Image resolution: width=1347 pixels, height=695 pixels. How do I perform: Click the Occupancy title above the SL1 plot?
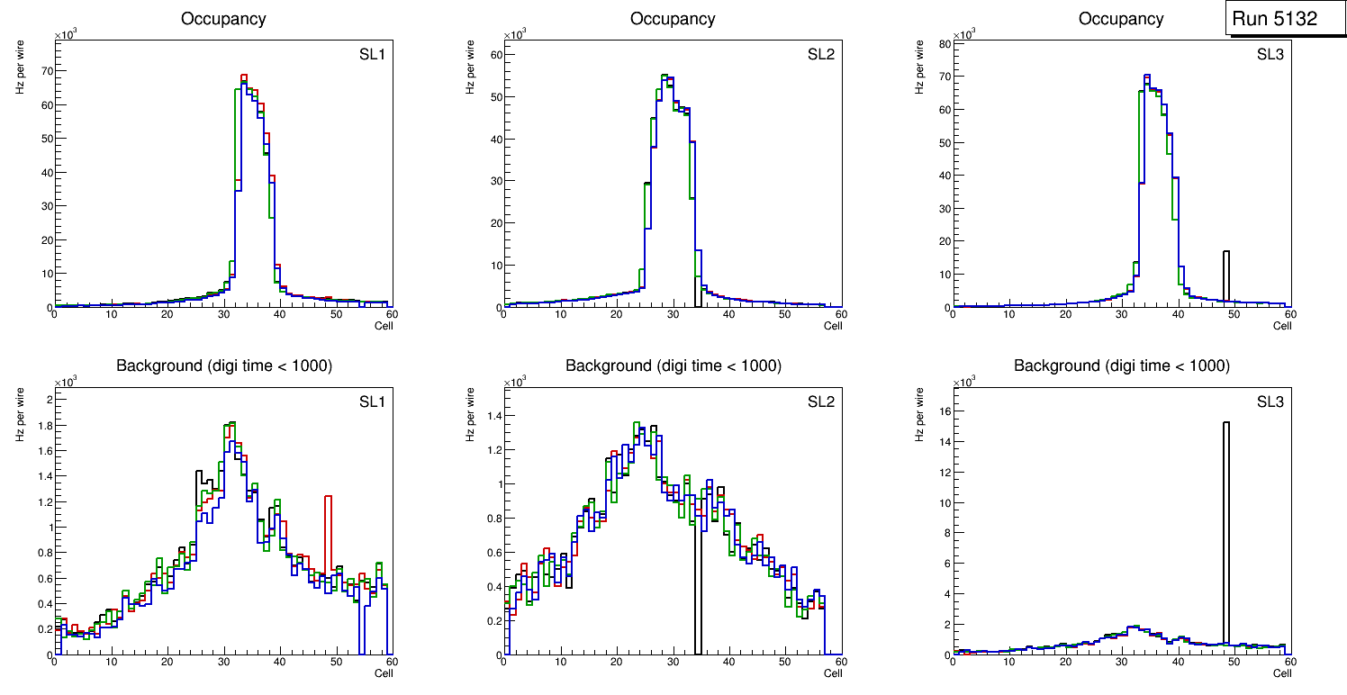pyautogui.click(x=223, y=18)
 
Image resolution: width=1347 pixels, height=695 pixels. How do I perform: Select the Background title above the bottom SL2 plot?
pyautogui.click(x=673, y=366)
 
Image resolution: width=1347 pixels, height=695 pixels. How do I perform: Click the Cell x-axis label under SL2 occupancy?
pyautogui.click(x=833, y=325)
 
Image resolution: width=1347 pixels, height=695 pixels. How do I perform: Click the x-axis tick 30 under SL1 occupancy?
pyautogui.click(x=223, y=314)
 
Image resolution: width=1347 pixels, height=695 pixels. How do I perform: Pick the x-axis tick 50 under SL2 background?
pyautogui.click(x=784, y=662)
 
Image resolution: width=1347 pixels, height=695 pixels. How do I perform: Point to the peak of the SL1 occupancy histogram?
pyautogui.click(x=243, y=77)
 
